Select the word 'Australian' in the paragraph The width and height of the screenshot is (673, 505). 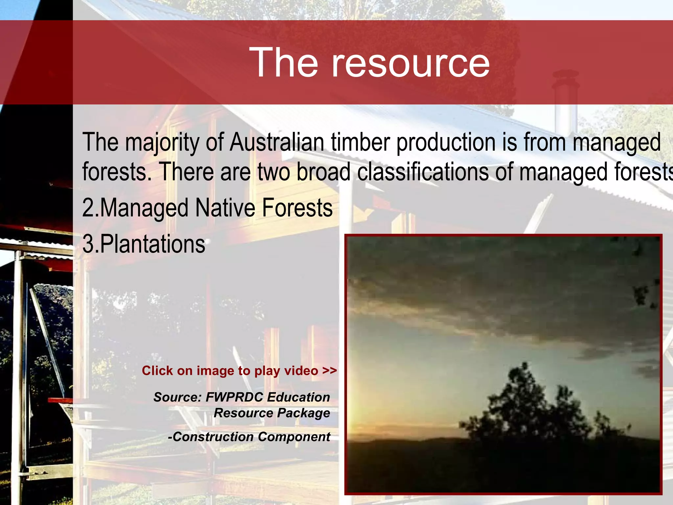click(277, 143)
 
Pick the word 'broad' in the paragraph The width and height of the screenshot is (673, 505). click(324, 172)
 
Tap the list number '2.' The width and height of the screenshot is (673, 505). click(90, 208)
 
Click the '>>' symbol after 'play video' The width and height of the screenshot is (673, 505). click(330, 371)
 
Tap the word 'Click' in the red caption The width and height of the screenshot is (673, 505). click(157, 371)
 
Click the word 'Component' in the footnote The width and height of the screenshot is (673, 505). click(294, 437)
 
